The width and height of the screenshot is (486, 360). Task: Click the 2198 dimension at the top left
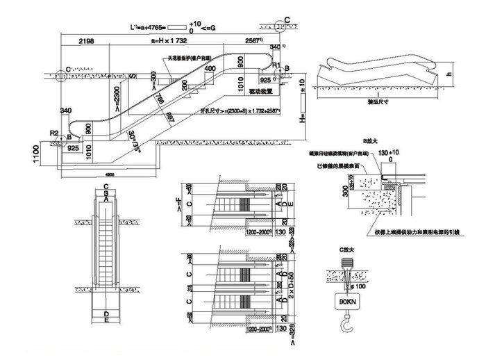click(x=87, y=42)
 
